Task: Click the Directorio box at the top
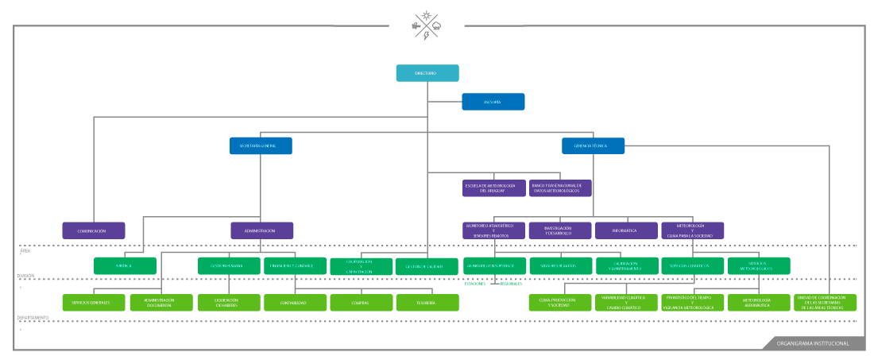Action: pos(427,73)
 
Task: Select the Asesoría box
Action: pos(493,102)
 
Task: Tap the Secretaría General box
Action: pos(261,146)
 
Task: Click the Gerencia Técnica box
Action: pos(593,146)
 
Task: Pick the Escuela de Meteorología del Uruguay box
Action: pos(493,188)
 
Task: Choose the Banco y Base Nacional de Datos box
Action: pos(560,188)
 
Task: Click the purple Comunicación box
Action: pos(94,230)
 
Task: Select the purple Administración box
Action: pos(261,230)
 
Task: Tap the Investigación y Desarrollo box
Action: pos(559,230)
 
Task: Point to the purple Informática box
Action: pos(626,230)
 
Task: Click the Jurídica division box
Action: pos(125,266)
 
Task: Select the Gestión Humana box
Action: pos(229,266)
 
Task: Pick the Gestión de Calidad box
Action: pos(427,267)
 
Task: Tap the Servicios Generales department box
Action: pos(94,303)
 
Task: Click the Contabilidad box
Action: pos(295,303)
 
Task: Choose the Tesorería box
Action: pos(427,303)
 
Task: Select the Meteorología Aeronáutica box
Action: pos(759,303)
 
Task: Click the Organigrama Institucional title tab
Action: pos(812,343)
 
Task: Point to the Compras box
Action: pos(361,303)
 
